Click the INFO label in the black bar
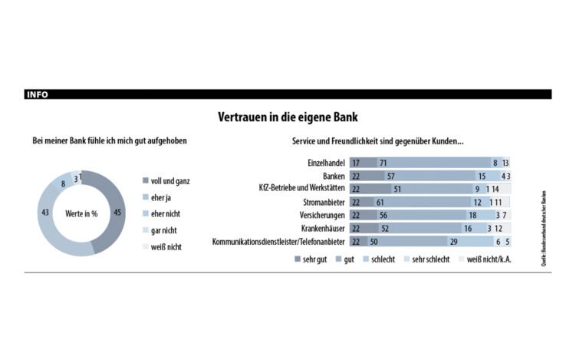[x=37, y=94]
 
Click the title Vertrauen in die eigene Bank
[x=288, y=118]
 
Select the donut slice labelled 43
[x=46, y=212]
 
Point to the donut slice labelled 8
[x=63, y=184]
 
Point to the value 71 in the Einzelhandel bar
[x=382, y=163]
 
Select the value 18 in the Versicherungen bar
[x=472, y=216]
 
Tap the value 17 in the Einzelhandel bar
[x=356, y=163]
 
